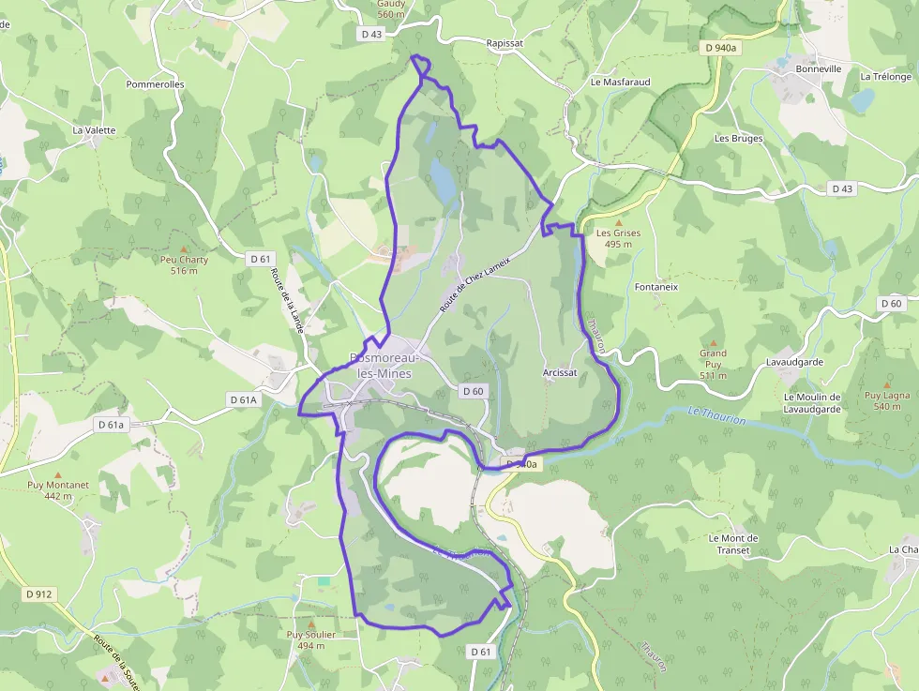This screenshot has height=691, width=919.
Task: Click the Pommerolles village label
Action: tap(156, 84)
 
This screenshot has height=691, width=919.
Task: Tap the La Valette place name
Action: tap(94, 130)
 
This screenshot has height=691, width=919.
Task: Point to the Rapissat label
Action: tap(505, 43)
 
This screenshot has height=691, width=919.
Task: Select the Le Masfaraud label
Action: tap(620, 82)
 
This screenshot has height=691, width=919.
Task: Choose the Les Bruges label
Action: tap(739, 138)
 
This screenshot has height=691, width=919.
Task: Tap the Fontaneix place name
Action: tap(656, 287)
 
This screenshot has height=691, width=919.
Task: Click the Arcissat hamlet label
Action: tap(560, 372)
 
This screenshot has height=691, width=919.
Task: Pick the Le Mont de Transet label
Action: tap(733, 544)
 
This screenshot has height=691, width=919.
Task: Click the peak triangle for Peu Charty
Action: tap(184, 248)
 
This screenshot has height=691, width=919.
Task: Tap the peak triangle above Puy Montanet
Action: tap(58, 474)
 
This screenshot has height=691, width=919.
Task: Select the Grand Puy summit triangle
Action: tap(713, 343)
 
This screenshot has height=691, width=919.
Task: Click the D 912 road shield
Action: tap(39, 593)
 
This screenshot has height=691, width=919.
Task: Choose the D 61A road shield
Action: tap(243, 399)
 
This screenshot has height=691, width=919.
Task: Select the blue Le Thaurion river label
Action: tap(716, 415)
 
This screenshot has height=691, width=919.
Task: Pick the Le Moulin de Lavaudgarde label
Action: tap(812, 402)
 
